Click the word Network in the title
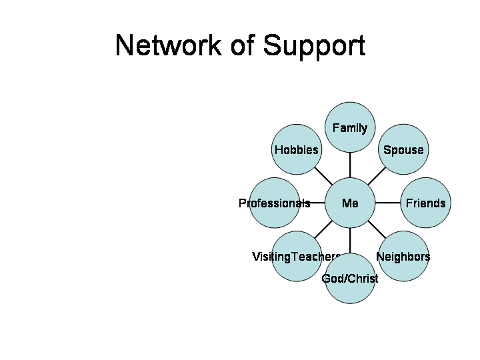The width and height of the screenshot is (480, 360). coord(167,45)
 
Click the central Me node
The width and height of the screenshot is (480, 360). coord(350,203)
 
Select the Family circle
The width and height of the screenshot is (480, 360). coord(350,127)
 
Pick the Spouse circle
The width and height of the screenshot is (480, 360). coord(403,150)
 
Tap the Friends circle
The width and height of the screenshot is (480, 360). coord(426,203)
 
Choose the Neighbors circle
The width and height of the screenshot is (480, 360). coord(403,257)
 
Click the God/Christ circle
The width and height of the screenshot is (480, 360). coord(350,279)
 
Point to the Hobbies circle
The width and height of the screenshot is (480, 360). coord(297,150)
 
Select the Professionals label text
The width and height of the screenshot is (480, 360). coord(274,203)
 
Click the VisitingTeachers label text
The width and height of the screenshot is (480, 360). coord(296,257)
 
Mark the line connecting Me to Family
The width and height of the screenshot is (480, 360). coord(350,165)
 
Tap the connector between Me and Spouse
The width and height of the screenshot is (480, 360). coord(377,176)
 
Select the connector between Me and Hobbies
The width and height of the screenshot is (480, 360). coord(323,176)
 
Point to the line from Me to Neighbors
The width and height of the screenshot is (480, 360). coord(377,230)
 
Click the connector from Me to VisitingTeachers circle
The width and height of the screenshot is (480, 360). coord(323,230)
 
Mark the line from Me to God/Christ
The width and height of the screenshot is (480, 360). coord(350,241)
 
